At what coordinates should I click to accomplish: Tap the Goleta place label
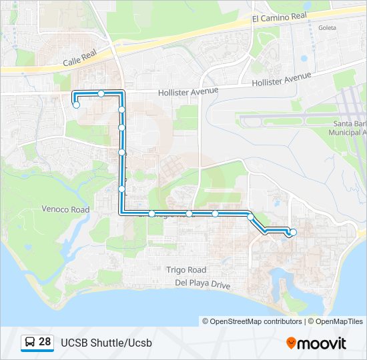click(x=328, y=28)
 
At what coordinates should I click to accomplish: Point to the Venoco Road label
click(x=65, y=209)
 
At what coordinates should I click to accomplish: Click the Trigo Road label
click(x=186, y=270)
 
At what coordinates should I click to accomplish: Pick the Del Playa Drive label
click(x=202, y=284)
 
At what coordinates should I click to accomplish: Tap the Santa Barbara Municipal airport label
click(x=349, y=128)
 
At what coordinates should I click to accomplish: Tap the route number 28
click(x=45, y=342)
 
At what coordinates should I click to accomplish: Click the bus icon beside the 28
click(x=30, y=343)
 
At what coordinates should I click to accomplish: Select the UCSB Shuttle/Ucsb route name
click(x=106, y=343)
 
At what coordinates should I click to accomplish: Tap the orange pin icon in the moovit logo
click(x=291, y=343)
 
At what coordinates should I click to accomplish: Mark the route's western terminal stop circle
click(x=77, y=105)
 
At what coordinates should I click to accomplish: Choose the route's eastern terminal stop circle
click(x=293, y=232)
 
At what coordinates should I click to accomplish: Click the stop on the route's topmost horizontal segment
click(x=101, y=93)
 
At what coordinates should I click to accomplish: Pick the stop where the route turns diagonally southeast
click(x=250, y=216)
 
